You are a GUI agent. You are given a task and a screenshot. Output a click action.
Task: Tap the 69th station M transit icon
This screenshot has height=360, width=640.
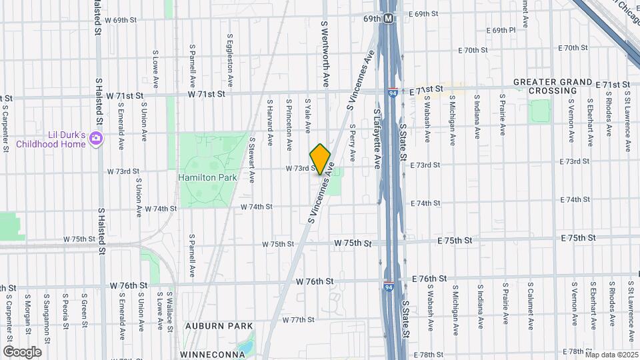click(x=387, y=19)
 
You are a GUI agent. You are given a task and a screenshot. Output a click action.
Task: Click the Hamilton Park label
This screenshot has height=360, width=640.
click(x=203, y=177)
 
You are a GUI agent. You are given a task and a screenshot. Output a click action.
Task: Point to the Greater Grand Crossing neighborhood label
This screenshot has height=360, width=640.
click(x=553, y=86)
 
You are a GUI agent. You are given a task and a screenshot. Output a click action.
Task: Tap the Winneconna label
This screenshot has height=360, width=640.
click(x=212, y=354)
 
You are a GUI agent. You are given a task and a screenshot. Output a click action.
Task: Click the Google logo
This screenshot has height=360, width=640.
click(x=22, y=351)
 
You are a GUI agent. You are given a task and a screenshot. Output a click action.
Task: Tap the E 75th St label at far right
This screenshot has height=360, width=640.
click(x=577, y=238)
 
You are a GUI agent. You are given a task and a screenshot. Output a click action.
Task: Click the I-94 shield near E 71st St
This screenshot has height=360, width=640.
click(x=394, y=92)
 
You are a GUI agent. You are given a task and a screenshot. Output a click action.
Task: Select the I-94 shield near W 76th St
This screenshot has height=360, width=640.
click(x=388, y=287)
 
